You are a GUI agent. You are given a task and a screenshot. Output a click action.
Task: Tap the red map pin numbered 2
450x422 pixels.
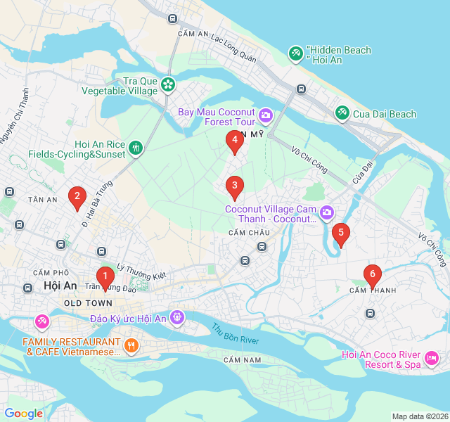[x=77, y=198]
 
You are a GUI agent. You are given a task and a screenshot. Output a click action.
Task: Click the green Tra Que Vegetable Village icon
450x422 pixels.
[x=168, y=85]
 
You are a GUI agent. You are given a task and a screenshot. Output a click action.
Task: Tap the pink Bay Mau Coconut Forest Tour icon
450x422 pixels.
[x=266, y=115]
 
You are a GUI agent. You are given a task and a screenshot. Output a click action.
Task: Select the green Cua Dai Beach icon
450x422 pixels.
[x=342, y=113]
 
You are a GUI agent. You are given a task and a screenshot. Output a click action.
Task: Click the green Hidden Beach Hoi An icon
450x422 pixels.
[x=295, y=53]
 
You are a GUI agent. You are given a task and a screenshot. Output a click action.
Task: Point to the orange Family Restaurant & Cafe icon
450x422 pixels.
[x=131, y=345]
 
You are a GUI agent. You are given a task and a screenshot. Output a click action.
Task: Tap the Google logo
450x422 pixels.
[x=23, y=414]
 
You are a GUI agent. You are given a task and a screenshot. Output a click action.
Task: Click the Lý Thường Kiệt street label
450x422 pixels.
[x=141, y=271]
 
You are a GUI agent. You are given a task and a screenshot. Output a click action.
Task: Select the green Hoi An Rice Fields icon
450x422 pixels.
[x=136, y=148]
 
